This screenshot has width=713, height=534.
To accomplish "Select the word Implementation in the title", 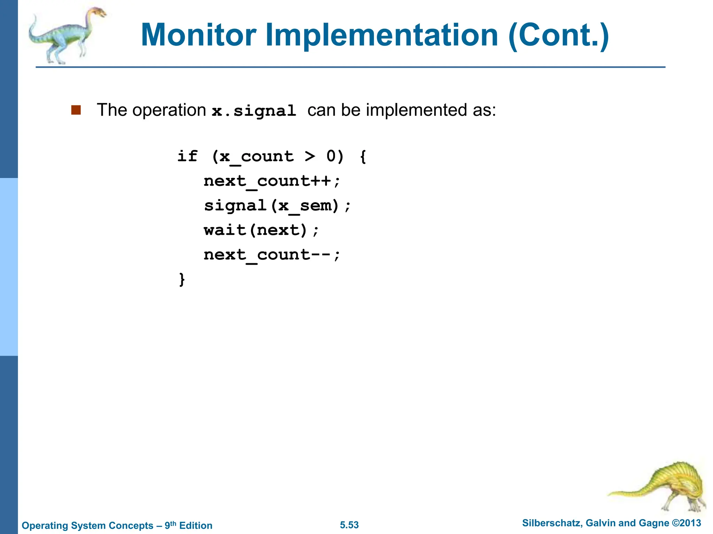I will pyautogui.click(x=382, y=35).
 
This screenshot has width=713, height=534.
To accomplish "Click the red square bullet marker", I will pyautogui.click(x=76, y=110).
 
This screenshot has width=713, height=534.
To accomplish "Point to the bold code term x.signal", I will pyautogui.click(x=254, y=111).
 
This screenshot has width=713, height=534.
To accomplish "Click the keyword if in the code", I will pyautogui.click(x=187, y=156).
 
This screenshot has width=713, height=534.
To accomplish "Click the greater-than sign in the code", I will pyautogui.click(x=310, y=156).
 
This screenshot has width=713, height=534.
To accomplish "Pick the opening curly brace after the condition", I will pyautogui.click(x=363, y=156).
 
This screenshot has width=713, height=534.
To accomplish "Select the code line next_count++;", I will pyautogui.click(x=272, y=181).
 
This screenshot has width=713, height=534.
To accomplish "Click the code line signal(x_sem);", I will pyautogui.click(x=277, y=206).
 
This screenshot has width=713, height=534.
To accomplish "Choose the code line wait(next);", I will pyautogui.click(x=261, y=230).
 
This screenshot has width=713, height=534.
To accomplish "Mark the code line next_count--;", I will pyautogui.click(x=272, y=255).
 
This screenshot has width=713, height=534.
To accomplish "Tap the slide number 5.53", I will pyautogui.click(x=349, y=525).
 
